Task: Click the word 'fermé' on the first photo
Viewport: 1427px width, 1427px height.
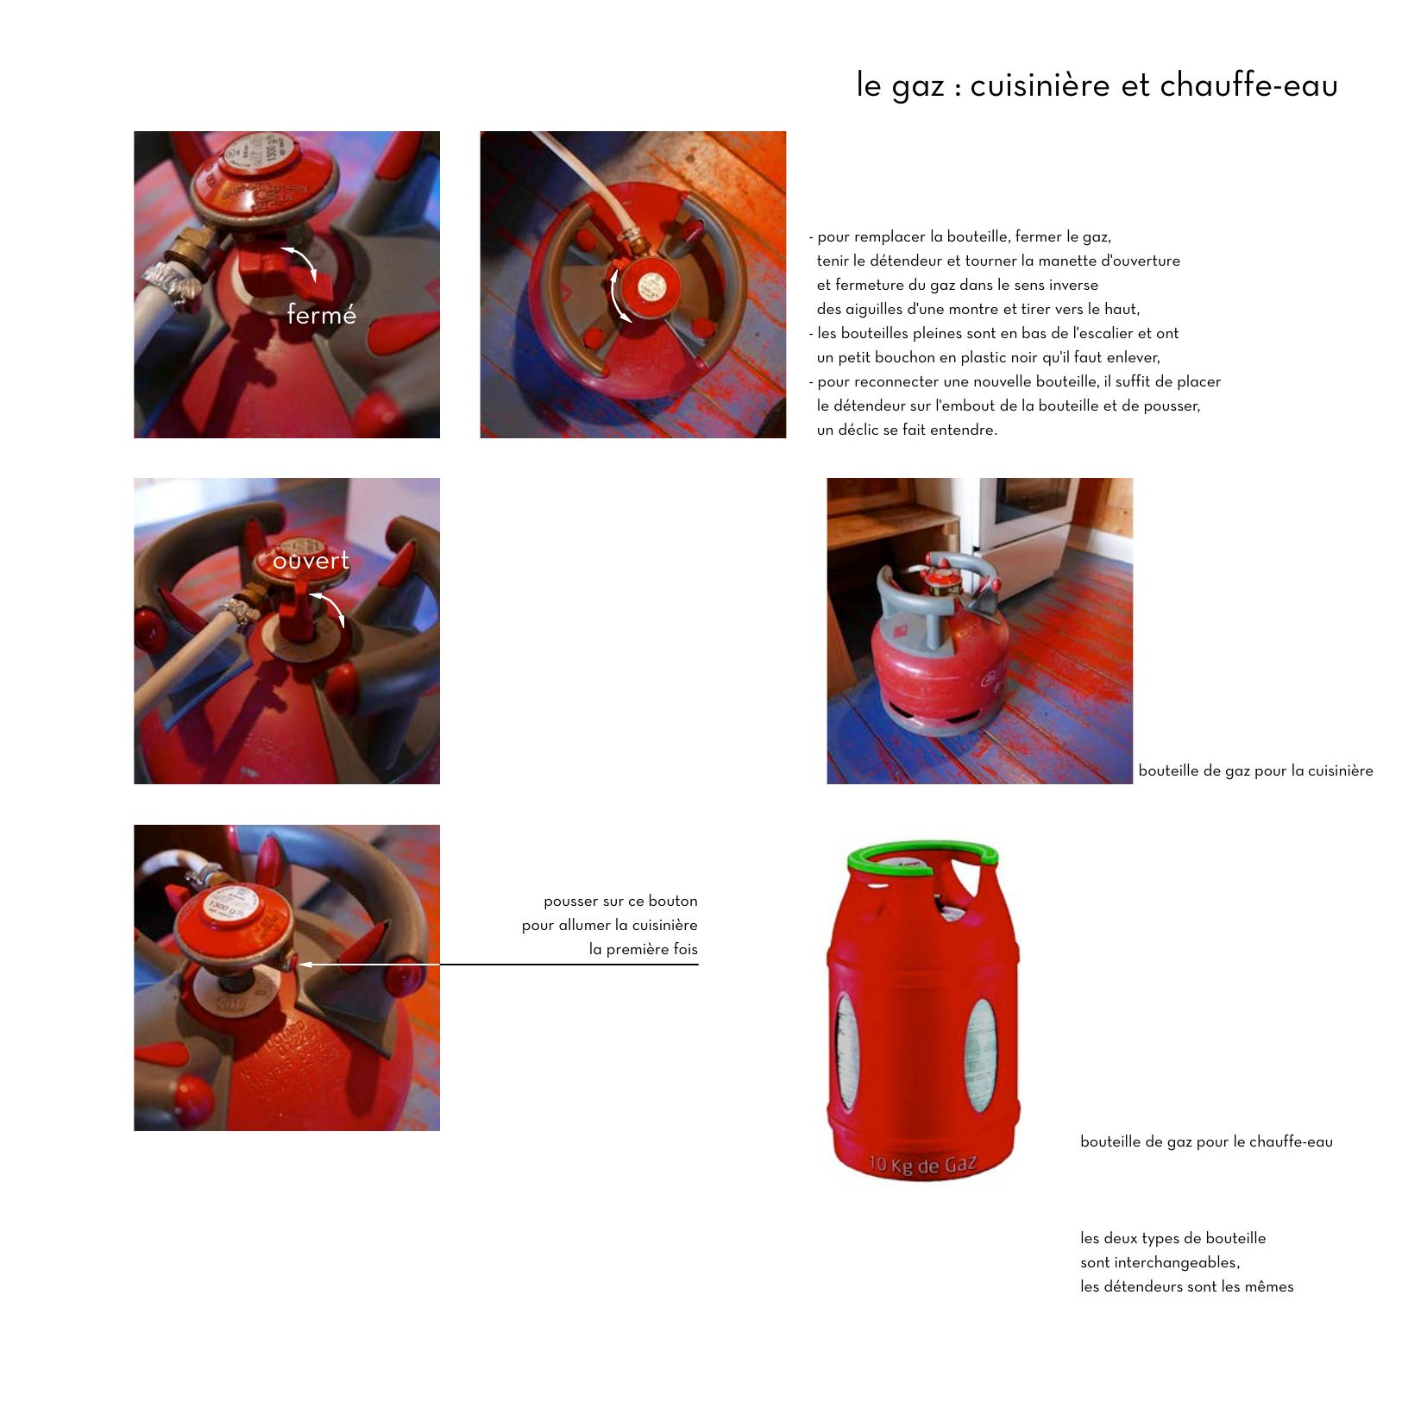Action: coord(321,315)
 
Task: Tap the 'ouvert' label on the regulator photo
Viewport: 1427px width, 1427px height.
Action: coord(311,560)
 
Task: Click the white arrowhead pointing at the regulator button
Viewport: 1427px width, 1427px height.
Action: coord(305,964)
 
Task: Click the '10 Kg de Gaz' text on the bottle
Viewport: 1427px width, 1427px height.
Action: coord(922,1166)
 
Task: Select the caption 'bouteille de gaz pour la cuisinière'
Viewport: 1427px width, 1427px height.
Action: coord(1255,770)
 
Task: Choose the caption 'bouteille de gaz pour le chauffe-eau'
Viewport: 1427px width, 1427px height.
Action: coord(1206,1141)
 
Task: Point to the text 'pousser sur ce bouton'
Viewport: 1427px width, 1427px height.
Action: coord(620,901)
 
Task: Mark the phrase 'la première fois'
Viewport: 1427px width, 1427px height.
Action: coord(644,949)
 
